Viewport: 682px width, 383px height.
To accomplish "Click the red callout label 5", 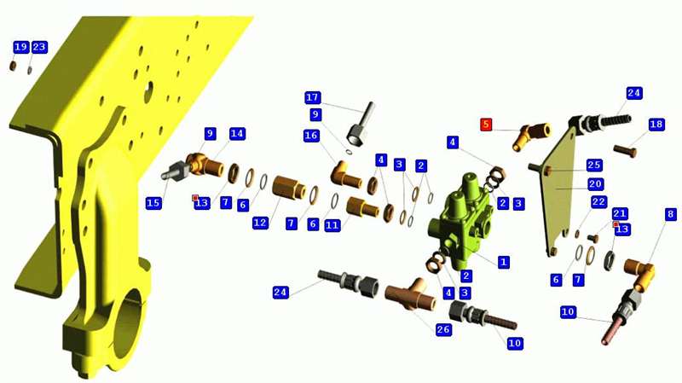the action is [486, 125].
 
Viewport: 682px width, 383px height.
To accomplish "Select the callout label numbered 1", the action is [503, 262].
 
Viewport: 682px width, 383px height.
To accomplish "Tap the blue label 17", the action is [313, 97].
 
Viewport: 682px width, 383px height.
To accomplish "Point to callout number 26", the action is [443, 329].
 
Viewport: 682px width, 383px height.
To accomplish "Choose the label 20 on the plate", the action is [595, 184].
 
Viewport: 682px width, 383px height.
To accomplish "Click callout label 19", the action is [20, 47].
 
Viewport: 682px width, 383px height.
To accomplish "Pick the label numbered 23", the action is [39, 47].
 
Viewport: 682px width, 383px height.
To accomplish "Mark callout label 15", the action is [153, 203].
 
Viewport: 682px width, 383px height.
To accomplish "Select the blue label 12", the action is [260, 223].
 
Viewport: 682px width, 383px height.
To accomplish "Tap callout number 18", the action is [656, 125].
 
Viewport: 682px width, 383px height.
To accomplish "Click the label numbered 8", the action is [671, 214].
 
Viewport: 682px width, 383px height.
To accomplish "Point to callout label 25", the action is [593, 165].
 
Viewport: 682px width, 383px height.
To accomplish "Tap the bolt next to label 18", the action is [625, 151].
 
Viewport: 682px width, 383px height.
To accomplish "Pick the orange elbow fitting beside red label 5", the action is [531, 135].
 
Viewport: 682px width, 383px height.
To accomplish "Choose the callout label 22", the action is [598, 202].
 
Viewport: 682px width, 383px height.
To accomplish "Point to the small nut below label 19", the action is [14, 67].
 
